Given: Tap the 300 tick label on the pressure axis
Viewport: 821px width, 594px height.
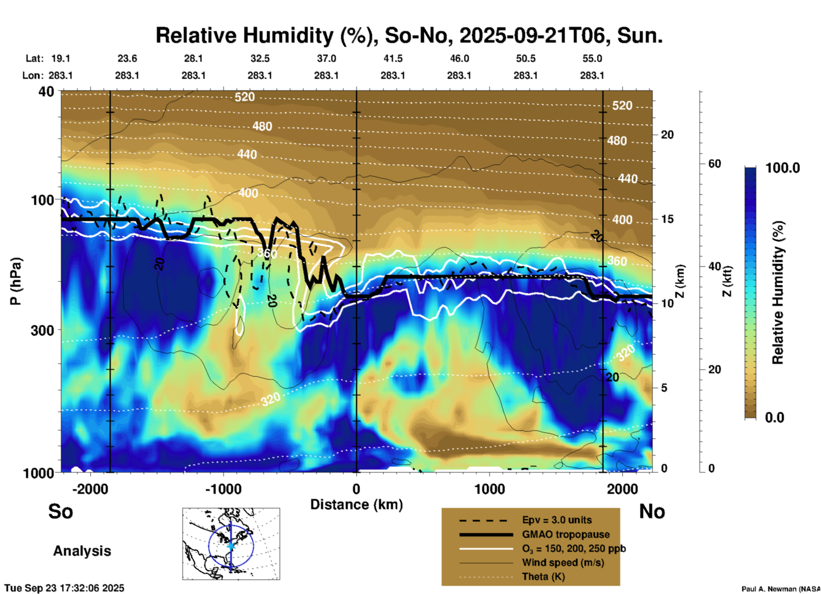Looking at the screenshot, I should (x=43, y=330).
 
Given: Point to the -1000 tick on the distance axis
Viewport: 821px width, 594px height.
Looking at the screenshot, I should (x=223, y=489).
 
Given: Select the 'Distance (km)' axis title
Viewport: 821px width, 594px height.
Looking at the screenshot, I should (x=356, y=505).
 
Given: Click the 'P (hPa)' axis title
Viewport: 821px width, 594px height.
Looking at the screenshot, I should (x=15, y=281).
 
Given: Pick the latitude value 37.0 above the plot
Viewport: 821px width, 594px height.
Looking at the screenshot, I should (x=326, y=58).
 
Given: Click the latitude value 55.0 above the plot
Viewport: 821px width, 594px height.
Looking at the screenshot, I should (x=592, y=58).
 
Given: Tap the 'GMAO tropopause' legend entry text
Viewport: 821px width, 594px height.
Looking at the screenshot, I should (x=566, y=534).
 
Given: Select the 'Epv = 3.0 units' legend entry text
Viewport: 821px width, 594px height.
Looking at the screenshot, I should (x=557, y=520).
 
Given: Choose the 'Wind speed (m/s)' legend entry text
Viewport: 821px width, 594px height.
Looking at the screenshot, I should (x=563, y=562).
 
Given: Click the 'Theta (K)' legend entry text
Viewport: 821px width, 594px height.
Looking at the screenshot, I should (x=543, y=577).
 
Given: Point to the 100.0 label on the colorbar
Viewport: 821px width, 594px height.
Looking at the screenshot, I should (x=783, y=168).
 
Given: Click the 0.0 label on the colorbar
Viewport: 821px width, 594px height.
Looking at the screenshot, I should (x=775, y=418).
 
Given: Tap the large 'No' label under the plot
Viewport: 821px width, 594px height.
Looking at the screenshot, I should (x=652, y=511).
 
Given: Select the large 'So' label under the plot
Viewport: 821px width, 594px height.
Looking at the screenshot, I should (x=61, y=511).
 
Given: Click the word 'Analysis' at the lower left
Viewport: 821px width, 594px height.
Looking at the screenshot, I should (x=82, y=551).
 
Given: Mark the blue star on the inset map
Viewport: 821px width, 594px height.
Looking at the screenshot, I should (x=231, y=545).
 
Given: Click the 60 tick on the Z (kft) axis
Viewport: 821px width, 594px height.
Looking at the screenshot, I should (x=714, y=164).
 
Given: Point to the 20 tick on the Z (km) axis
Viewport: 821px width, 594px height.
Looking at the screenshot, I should (x=667, y=135).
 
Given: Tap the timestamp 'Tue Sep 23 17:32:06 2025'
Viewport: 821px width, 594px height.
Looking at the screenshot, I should (x=64, y=588).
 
